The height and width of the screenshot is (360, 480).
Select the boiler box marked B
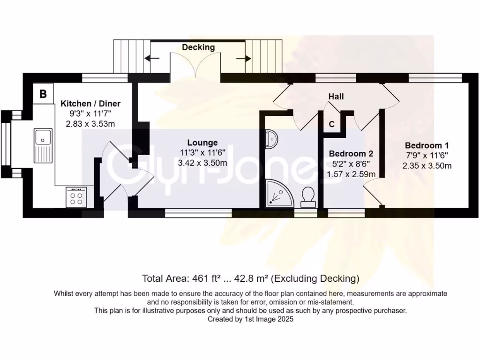click(43, 94)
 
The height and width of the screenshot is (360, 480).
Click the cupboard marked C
click(331, 124)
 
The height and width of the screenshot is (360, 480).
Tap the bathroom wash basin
click(272, 139)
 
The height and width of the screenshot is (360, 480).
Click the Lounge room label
click(202, 142)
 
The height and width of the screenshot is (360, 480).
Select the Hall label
click(336, 97)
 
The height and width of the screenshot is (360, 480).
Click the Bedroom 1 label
click(427, 145)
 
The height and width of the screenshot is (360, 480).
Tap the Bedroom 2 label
click(351, 153)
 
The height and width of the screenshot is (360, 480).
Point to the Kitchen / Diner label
click(90, 104)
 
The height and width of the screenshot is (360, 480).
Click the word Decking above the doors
click(198, 47)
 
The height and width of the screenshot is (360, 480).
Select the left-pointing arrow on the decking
click(151, 59)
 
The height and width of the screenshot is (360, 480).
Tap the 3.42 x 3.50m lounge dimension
click(202, 163)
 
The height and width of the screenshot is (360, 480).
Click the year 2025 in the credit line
click(285, 319)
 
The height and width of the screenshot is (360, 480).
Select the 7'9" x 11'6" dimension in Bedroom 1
click(427, 155)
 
